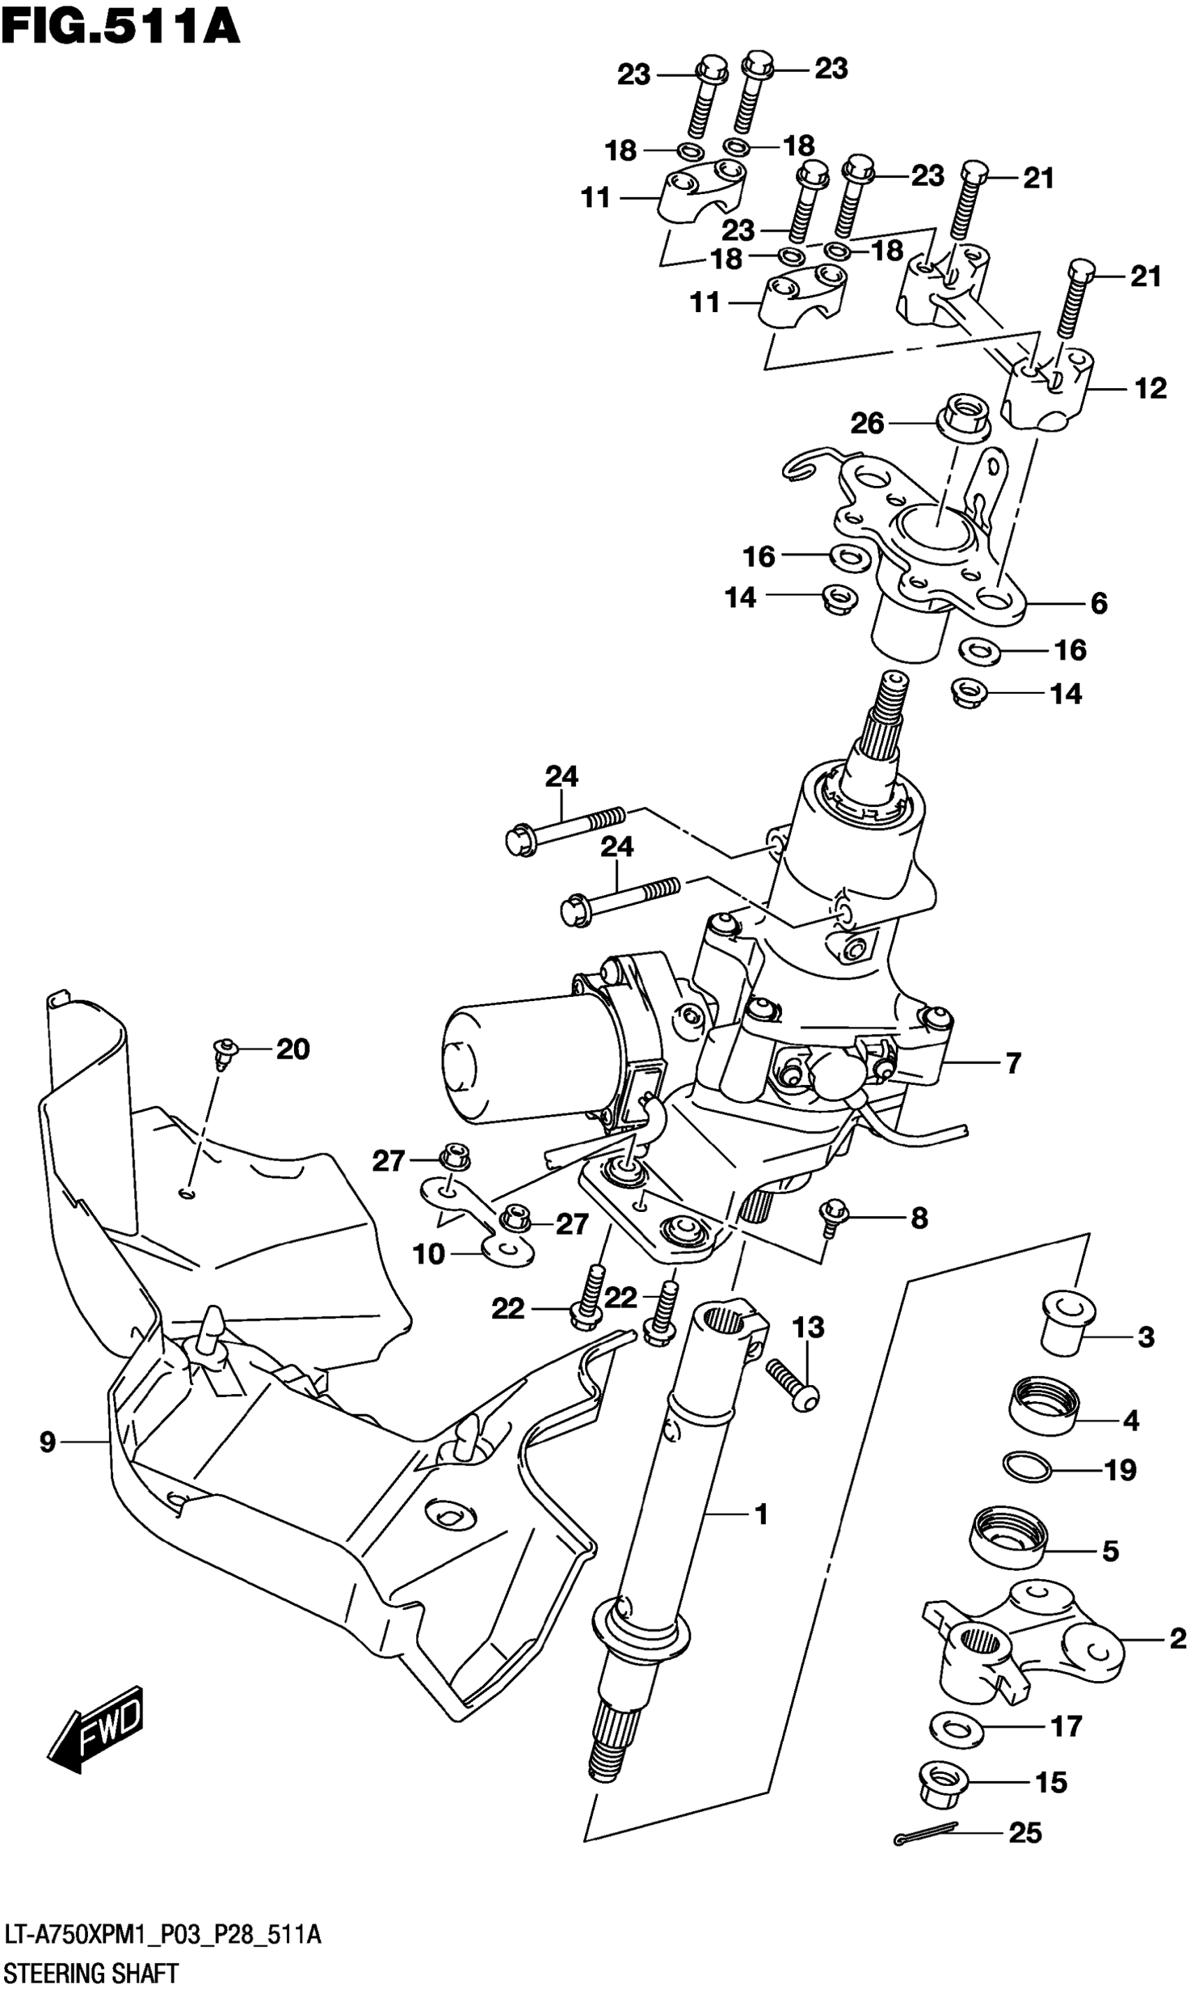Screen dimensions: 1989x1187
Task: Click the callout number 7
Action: [1012, 1064]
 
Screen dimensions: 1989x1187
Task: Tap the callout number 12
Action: [1150, 389]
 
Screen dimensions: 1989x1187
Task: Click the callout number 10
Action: [429, 1253]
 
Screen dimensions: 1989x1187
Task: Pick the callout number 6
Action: [1099, 603]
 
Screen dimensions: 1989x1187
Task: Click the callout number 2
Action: [1176, 1639]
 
